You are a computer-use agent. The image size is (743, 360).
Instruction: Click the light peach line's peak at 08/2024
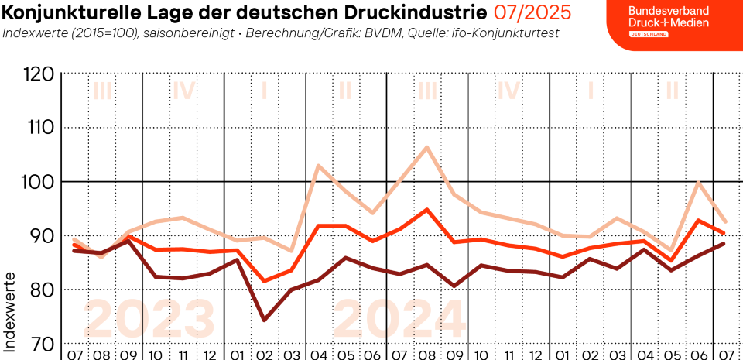coord(427,147)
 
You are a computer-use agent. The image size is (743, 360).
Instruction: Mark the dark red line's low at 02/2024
coord(265,320)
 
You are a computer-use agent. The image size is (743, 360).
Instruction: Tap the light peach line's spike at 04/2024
coord(318,165)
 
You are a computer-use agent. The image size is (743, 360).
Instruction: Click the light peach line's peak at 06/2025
coord(699,183)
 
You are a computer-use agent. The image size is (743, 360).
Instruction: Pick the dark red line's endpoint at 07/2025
coord(724,244)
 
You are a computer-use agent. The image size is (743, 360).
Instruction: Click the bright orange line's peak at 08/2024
coord(427,209)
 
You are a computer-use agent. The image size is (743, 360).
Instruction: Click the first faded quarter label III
coord(102,91)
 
